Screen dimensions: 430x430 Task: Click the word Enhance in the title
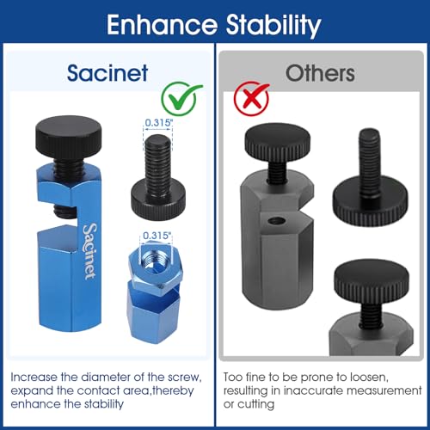coord(162,25)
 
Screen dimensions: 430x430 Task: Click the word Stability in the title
coord(273,26)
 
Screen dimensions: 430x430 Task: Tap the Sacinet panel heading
coord(107,73)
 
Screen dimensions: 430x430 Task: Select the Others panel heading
coord(320,73)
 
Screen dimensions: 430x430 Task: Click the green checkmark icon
coord(181,98)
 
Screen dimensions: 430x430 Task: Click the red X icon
coord(251,98)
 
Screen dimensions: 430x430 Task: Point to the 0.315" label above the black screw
coord(158,123)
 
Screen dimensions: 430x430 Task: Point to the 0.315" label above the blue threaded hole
coord(157,236)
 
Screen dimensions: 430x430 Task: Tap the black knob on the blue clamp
coord(68,136)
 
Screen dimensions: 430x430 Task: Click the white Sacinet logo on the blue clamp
coord(89,251)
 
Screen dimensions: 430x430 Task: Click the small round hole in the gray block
coord(277,221)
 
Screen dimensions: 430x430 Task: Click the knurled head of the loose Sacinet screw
coord(158,199)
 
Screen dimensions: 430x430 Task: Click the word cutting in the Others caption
coord(256,404)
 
